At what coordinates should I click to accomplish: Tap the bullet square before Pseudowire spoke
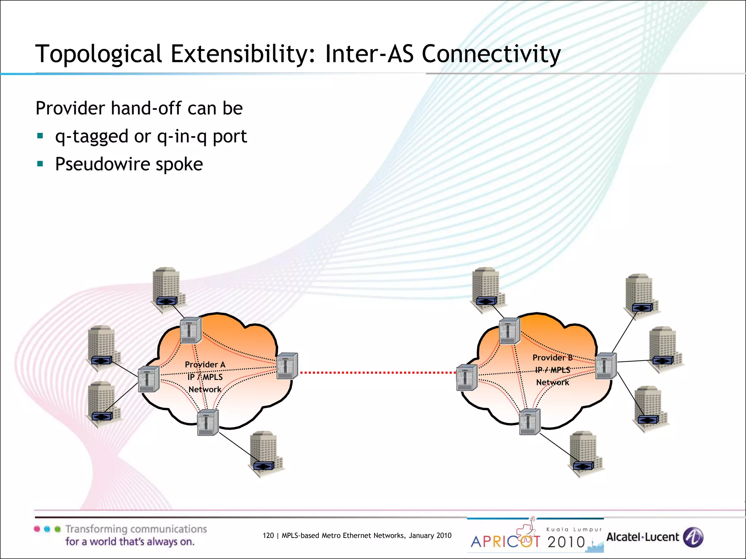[x=40, y=164]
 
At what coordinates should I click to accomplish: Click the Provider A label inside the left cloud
[x=205, y=364]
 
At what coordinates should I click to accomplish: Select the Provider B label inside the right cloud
[x=553, y=357]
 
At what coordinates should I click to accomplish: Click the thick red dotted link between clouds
[x=377, y=373]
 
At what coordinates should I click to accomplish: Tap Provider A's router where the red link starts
[x=287, y=366]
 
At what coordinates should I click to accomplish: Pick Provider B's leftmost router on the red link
[x=467, y=377]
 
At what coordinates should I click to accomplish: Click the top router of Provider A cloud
[x=191, y=330]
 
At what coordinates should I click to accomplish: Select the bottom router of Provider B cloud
[x=529, y=421]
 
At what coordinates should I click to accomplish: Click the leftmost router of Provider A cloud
[x=149, y=379]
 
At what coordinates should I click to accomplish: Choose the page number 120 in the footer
[x=268, y=535]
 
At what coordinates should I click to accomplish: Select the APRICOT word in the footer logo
[x=505, y=542]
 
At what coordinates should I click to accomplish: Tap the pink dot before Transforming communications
[x=37, y=529]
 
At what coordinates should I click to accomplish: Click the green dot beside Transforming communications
[x=58, y=529]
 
